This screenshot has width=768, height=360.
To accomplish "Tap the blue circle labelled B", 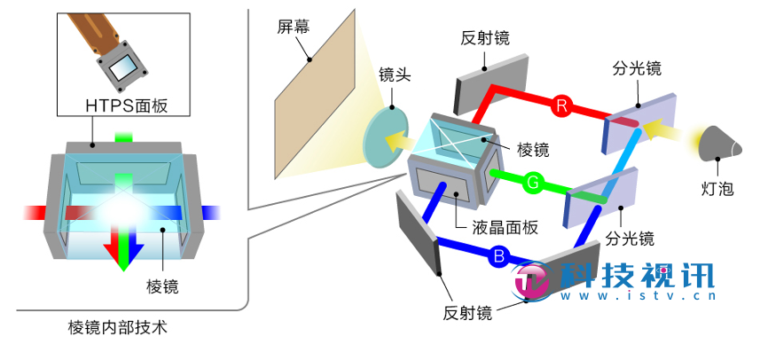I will [x=498, y=257].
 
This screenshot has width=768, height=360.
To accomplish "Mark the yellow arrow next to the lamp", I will [x=662, y=133].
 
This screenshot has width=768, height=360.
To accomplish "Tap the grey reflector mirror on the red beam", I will [x=486, y=87].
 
